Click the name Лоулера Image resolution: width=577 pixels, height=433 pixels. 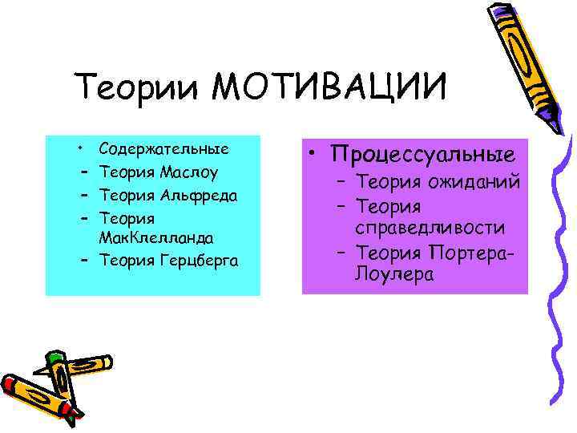tap(392, 276)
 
